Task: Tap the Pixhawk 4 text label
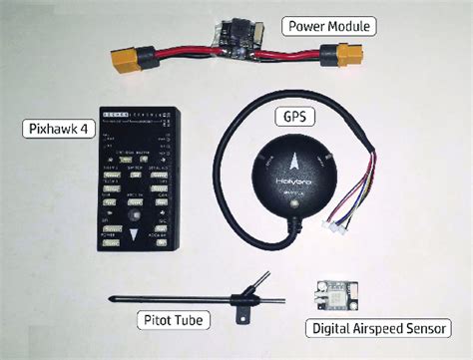click(x=55, y=129)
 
